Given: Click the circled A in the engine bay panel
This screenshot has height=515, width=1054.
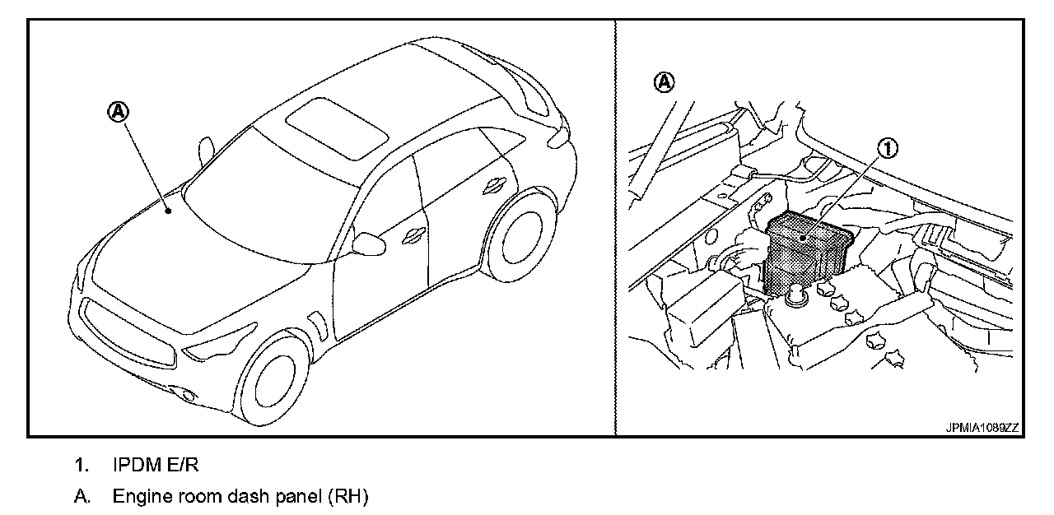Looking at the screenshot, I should (664, 81).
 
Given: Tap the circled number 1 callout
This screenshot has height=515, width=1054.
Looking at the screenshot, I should (888, 148).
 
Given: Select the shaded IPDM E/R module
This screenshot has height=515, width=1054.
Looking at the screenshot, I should (803, 251).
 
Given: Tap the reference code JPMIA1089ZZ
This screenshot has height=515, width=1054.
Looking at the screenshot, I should (982, 428).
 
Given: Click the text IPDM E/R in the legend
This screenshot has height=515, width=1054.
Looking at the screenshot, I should (156, 466).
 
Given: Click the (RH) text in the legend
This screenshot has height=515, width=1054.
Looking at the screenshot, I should (347, 497).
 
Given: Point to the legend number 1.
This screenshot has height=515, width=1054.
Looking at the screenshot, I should (81, 466).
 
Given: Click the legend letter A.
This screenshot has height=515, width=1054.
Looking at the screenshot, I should (81, 497).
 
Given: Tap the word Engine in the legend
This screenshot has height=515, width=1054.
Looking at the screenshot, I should (138, 497).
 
